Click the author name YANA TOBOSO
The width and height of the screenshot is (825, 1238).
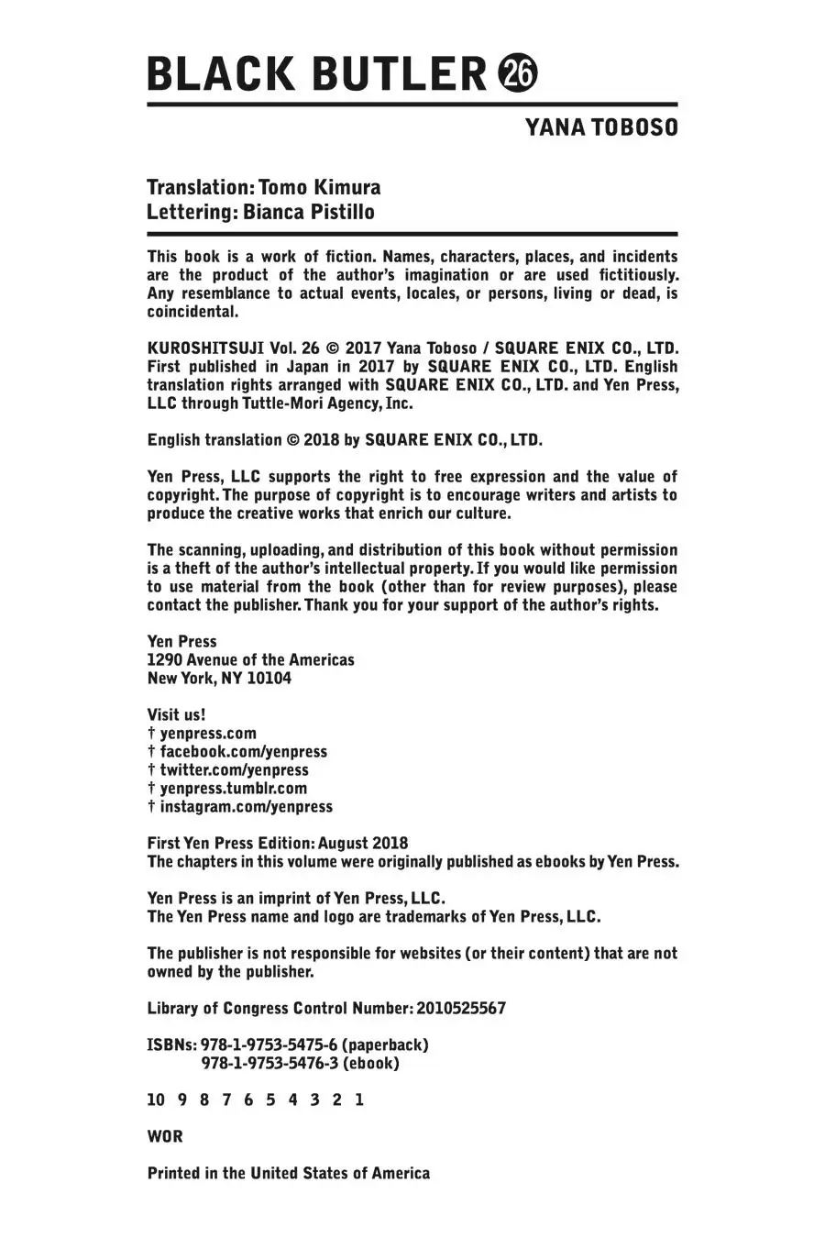(x=601, y=127)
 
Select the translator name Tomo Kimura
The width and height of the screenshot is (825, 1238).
(x=320, y=188)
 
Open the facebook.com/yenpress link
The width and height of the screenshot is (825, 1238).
(x=243, y=752)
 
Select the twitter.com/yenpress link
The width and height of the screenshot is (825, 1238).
(x=234, y=770)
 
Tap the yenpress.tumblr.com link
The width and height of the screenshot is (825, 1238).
(x=233, y=789)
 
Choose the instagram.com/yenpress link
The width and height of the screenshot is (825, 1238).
(x=246, y=807)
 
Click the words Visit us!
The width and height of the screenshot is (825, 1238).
(x=176, y=715)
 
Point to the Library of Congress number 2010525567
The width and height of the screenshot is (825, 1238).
(x=460, y=1009)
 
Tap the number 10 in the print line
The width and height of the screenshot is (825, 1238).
(x=155, y=1100)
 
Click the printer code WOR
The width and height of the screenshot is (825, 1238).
(x=165, y=1137)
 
